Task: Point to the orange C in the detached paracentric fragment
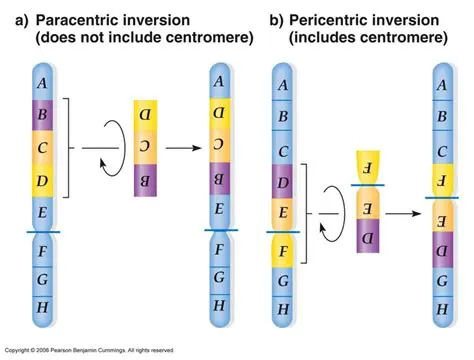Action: tap(146, 148)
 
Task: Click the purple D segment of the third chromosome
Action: tap(283, 183)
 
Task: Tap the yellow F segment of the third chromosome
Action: tap(283, 246)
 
